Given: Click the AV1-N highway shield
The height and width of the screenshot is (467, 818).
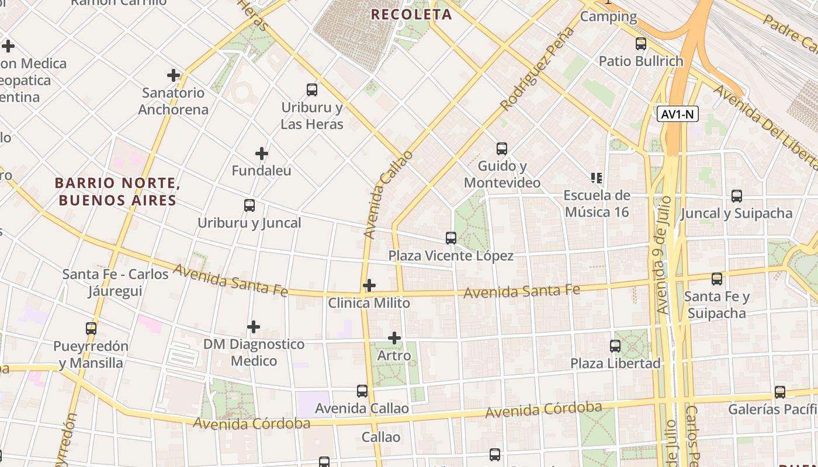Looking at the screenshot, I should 678,114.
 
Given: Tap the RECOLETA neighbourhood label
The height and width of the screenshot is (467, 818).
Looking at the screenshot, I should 412,15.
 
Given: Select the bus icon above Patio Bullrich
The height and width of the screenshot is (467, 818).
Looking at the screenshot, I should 641,43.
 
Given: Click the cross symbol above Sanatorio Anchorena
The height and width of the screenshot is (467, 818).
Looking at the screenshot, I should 174,75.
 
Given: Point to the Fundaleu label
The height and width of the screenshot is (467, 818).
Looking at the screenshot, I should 261,171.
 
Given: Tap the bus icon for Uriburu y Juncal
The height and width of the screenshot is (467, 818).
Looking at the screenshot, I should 249,205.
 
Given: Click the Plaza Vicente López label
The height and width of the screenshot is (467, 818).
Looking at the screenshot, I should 451,256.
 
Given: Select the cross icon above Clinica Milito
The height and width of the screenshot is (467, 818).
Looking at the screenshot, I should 369,285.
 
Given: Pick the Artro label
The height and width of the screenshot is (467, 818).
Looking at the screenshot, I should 394,356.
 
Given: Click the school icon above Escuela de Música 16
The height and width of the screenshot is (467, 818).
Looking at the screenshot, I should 597,177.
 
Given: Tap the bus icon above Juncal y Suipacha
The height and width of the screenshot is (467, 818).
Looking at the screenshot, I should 737,196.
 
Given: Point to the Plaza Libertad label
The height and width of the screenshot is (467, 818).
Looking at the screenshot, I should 615,363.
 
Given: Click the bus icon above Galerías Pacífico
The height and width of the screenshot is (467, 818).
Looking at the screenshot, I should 780,392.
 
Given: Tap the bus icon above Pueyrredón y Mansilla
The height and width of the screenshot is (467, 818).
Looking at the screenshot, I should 91,329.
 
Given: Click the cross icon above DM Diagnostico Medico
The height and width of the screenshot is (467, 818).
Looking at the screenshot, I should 254,326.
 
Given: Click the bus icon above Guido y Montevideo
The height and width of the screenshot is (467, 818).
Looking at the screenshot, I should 502,149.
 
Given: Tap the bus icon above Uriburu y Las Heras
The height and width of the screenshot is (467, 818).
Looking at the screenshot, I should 312,90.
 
